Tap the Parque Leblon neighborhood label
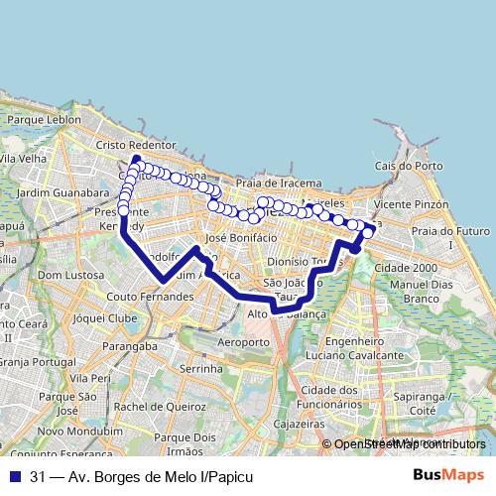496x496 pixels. (x=44, y=119)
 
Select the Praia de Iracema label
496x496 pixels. (x=279, y=183)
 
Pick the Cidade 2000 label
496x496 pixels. (x=406, y=268)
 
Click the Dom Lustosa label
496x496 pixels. (x=63, y=274)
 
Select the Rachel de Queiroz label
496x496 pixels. (x=155, y=406)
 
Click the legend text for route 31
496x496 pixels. (x=135, y=477)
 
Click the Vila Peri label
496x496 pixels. (x=90, y=378)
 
